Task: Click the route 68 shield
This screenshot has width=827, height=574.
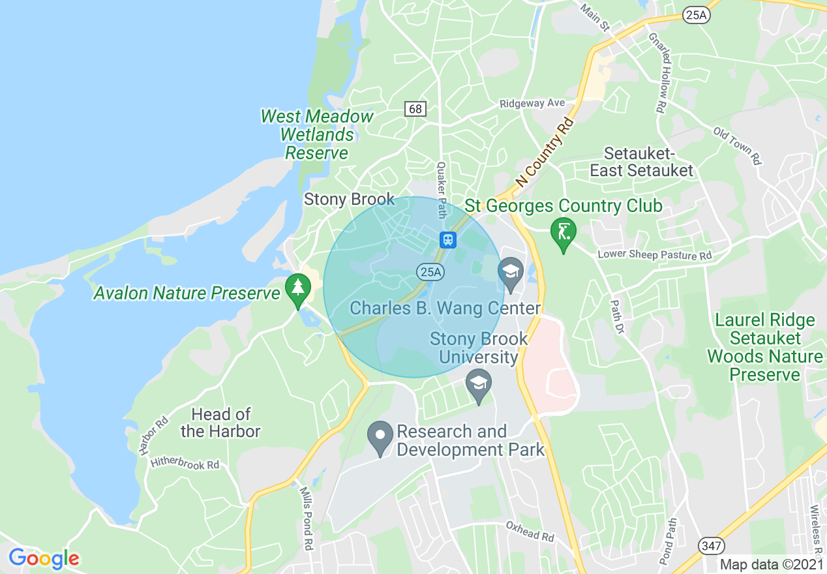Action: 415,109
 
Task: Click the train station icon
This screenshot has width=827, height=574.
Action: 448,239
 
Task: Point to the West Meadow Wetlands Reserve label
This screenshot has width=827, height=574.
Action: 317,134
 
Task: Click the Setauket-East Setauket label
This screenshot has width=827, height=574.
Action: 641,162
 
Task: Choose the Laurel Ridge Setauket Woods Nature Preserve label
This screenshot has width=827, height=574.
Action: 765,347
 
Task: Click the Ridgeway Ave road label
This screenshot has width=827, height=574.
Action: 532,104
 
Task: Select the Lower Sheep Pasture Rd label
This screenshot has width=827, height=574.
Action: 654,255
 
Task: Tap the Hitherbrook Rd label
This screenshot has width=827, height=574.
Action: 185,464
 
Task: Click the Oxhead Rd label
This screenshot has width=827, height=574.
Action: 530,531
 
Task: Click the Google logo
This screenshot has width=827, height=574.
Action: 44,558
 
